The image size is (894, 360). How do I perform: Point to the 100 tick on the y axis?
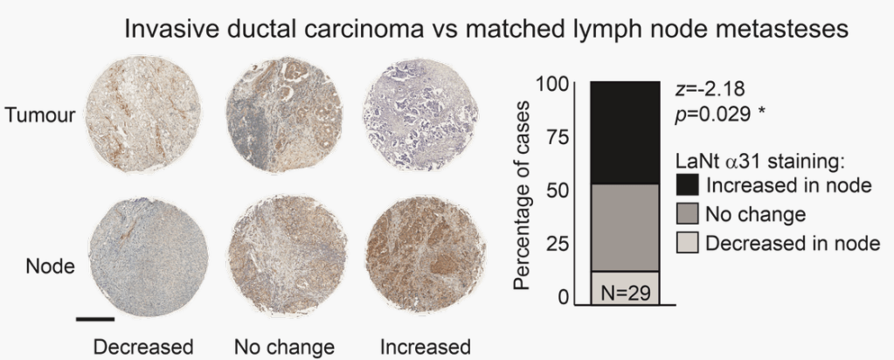[x=554, y=84]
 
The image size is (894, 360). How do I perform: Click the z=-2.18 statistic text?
[x=710, y=87]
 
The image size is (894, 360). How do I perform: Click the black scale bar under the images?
[x=95, y=318]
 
